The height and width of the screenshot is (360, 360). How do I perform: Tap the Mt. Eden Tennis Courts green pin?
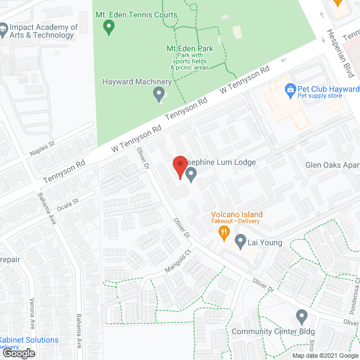[110, 25]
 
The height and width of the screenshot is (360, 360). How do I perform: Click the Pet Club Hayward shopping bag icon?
[290, 89]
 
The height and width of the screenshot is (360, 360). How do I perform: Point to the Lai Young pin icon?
[240, 243]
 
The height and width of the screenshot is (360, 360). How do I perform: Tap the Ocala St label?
[67, 201]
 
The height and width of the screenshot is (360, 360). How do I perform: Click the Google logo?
[17, 353]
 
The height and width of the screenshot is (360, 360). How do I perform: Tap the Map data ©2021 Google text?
[325, 355]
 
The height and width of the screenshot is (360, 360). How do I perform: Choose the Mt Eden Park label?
[190, 49]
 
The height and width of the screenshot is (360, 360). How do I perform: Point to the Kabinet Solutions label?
[28, 340]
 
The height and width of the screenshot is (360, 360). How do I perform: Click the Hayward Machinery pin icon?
[159, 94]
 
